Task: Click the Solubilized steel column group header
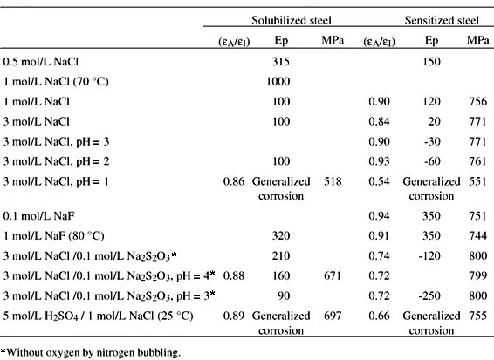pyautogui.click(x=292, y=20)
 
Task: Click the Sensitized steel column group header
pyautogui.click(x=442, y=20)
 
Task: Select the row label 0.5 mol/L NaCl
pyautogui.click(x=41, y=61)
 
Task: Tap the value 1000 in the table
pyautogui.click(x=278, y=82)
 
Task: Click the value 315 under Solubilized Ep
pyautogui.click(x=281, y=61)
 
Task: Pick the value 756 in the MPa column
pyautogui.click(x=478, y=102)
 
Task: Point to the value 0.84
pyautogui.click(x=380, y=121)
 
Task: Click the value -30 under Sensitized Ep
pyautogui.click(x=432, y=141)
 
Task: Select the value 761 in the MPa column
pyautogui.click(x=478, y=161)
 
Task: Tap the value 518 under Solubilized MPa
pyautogui.click(x=333, y=181)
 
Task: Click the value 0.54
pyautogui.click(x=380, y=181)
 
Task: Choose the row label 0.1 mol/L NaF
pyautogui.click(x=38, y=216)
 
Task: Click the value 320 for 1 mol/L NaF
pyautogui.click(x=281, y=236)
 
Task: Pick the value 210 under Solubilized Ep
pyautogui.click(x=281, y=256)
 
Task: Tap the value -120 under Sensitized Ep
pyautogui.click(x=429, y=256)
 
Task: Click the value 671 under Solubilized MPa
pyautogui.click(x=333, y=276)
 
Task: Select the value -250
pyautogui.click(x=429, y=295)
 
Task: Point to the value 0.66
pyautogui.click(x=380, y=316)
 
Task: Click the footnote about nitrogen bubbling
pyautogui.click(x=91, y=352)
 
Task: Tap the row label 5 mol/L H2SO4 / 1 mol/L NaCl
pyautogui.click(x=98, y=316)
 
